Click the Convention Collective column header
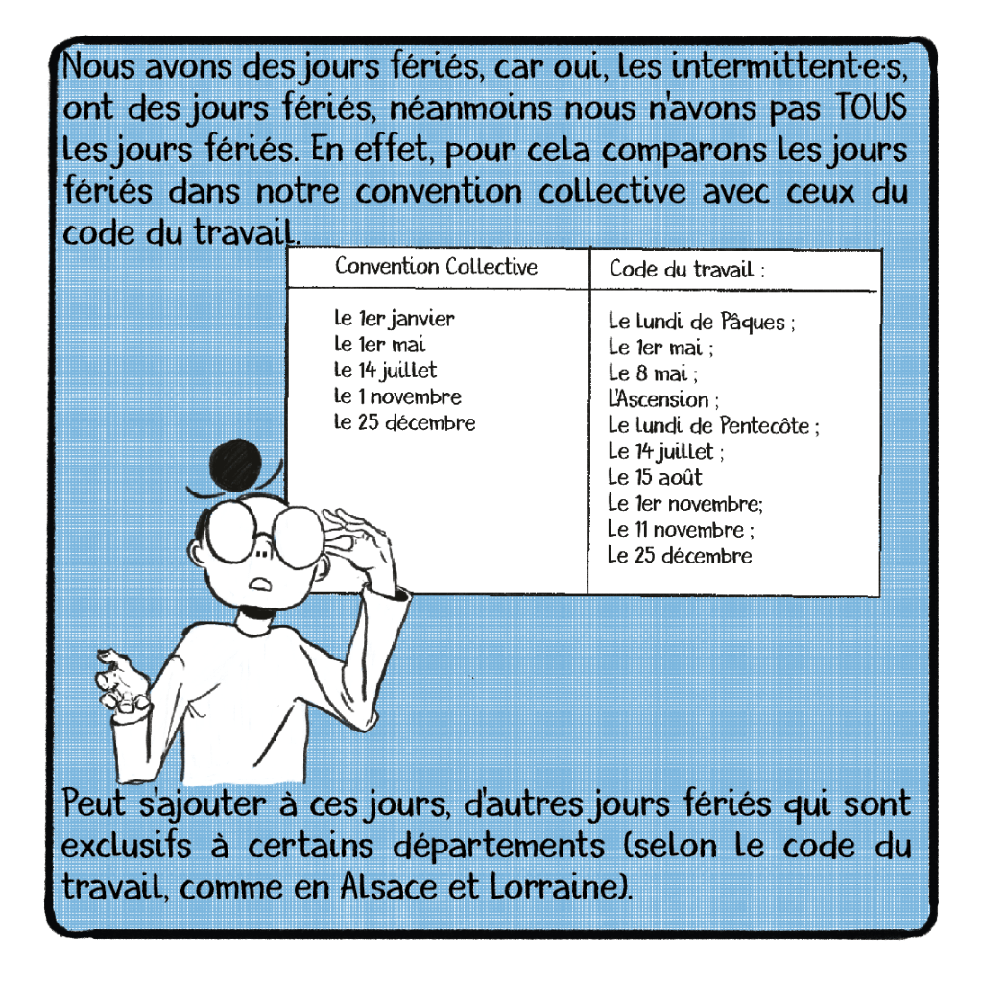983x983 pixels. tap(437, 267)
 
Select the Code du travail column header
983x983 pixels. tap(687, 270)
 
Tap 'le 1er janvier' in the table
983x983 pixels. tap(394, 319)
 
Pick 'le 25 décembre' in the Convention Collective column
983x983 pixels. tap(404, 422)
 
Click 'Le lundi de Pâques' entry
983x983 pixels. tap(702, 322)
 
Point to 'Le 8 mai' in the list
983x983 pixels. tap(653, 373)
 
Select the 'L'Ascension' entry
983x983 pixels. tap(663, 398)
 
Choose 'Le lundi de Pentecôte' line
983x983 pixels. tap(713, 425)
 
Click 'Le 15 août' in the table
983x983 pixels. tap(655, 477)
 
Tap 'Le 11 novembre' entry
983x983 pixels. tap(681, 529)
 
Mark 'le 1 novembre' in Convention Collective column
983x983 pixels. tap(397, 396)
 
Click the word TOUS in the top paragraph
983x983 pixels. tap(872, 108)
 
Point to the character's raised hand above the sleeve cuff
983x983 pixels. tap(121, 682)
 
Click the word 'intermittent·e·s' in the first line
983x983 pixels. tap(789, 66)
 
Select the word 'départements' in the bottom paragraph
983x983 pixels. tap(499, 847)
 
